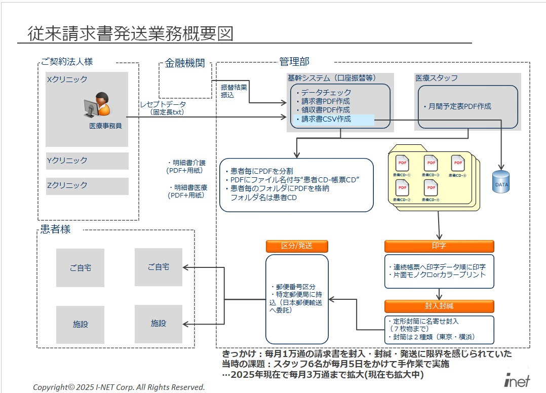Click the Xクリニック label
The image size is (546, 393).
[x=67, y=80]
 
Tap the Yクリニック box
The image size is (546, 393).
[x=87, y=161]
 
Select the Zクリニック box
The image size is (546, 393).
[x=87, y=186]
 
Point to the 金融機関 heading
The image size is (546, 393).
[x=185, y=63]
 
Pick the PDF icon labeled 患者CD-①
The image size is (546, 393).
[x=403, y=163]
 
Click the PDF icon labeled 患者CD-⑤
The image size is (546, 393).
[x=457, y=163]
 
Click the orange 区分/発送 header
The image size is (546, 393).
[x=297, y=246]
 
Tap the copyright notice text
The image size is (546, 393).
[x=119, y=387]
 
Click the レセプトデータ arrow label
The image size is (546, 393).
[x=163, y=104]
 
